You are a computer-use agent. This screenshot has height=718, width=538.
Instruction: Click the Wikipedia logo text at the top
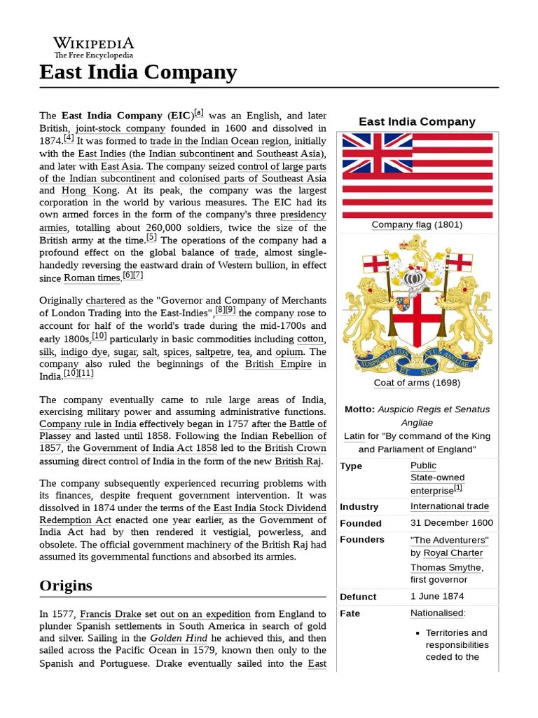pos(93,43)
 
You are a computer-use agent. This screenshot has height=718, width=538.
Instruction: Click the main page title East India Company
pos(138,72)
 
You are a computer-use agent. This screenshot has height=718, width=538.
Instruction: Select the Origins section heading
pos(66,585)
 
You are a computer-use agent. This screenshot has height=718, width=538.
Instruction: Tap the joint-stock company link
pos(120,128)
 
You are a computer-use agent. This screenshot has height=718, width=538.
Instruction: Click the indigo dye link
pos(83,352)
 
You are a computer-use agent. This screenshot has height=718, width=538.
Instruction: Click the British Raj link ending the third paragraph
pos(298,461)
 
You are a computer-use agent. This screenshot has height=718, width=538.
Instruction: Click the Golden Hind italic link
pos(176,639)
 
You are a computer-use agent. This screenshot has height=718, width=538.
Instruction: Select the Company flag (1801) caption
pos(417,225)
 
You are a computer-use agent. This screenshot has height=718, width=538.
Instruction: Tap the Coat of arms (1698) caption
pos(417,383)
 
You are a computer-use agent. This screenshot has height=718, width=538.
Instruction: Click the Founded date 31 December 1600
pos(451,523)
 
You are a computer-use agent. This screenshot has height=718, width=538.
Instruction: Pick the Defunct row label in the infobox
pos(358,597)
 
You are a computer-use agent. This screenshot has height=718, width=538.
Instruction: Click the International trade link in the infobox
pos(449,506)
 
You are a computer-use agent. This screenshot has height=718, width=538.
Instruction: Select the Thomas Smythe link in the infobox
pos(446,568)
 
